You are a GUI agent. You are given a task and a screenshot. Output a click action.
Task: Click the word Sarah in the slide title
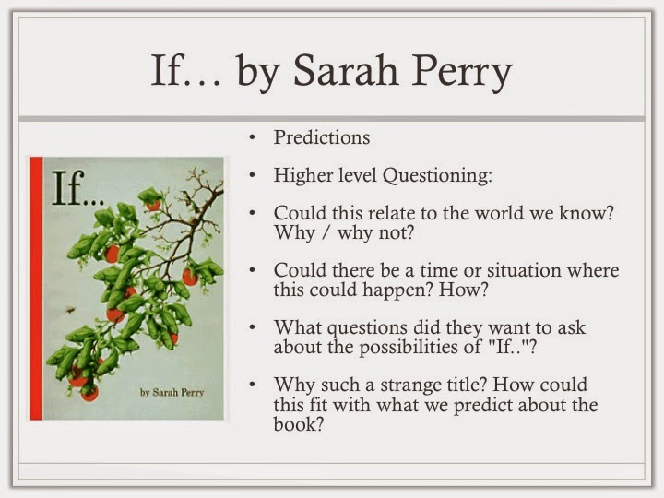click(346, 70)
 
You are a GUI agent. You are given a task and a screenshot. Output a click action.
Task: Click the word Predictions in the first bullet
click(322, 137)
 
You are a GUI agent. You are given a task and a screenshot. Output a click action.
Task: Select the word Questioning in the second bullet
click(437, 175)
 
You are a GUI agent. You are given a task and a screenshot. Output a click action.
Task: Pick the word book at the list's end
click(298, 424)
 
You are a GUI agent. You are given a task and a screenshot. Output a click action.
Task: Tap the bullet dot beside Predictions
click(253, 137)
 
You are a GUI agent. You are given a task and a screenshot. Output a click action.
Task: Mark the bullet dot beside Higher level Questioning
click(253, 175)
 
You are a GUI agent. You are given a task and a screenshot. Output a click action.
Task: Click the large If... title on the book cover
click(77, 188)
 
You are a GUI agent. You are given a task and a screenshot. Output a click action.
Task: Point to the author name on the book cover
click(172, 393)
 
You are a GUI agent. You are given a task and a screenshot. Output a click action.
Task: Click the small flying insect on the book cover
click(70, 310)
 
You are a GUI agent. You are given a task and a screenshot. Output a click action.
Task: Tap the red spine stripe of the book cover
click(36, 289)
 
